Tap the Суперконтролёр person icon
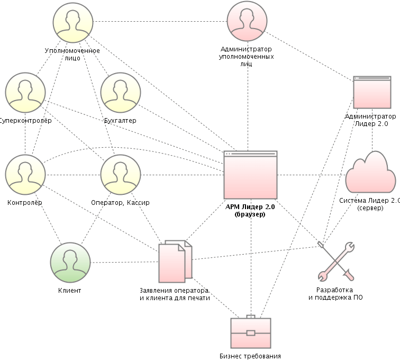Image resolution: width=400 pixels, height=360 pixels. [25, 93]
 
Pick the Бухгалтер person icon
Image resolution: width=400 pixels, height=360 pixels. [121, 93]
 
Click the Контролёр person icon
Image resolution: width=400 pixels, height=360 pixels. [25, 175]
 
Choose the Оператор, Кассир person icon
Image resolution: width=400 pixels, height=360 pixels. [121, 175]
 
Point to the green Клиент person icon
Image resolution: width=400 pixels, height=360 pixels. [70, 263]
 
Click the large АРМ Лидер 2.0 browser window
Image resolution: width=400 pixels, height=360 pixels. [251, 174]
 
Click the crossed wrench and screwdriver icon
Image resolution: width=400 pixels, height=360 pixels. [336, 260]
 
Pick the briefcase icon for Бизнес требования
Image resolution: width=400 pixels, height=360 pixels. [251, 332]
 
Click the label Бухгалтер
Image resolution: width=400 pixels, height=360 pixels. [121, 120]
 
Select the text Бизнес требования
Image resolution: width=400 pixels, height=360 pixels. [250, 356]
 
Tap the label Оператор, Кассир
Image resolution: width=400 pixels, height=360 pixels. [121, 203]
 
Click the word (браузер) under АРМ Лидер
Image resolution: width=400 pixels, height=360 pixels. [250, 214]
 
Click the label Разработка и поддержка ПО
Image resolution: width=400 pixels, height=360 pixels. [335, 294]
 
